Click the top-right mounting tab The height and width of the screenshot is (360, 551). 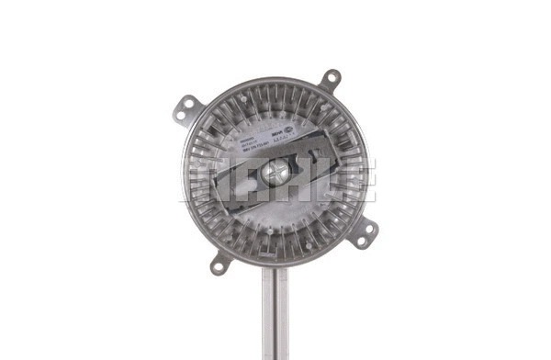[329, 80]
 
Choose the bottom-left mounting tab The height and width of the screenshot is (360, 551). [221, 264]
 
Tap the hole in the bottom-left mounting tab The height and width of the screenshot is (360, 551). [219, 267]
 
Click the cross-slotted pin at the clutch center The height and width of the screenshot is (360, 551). [275, 171]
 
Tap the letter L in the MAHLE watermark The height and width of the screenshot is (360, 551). [316, 180]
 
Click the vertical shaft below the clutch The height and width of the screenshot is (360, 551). [275, 312]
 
